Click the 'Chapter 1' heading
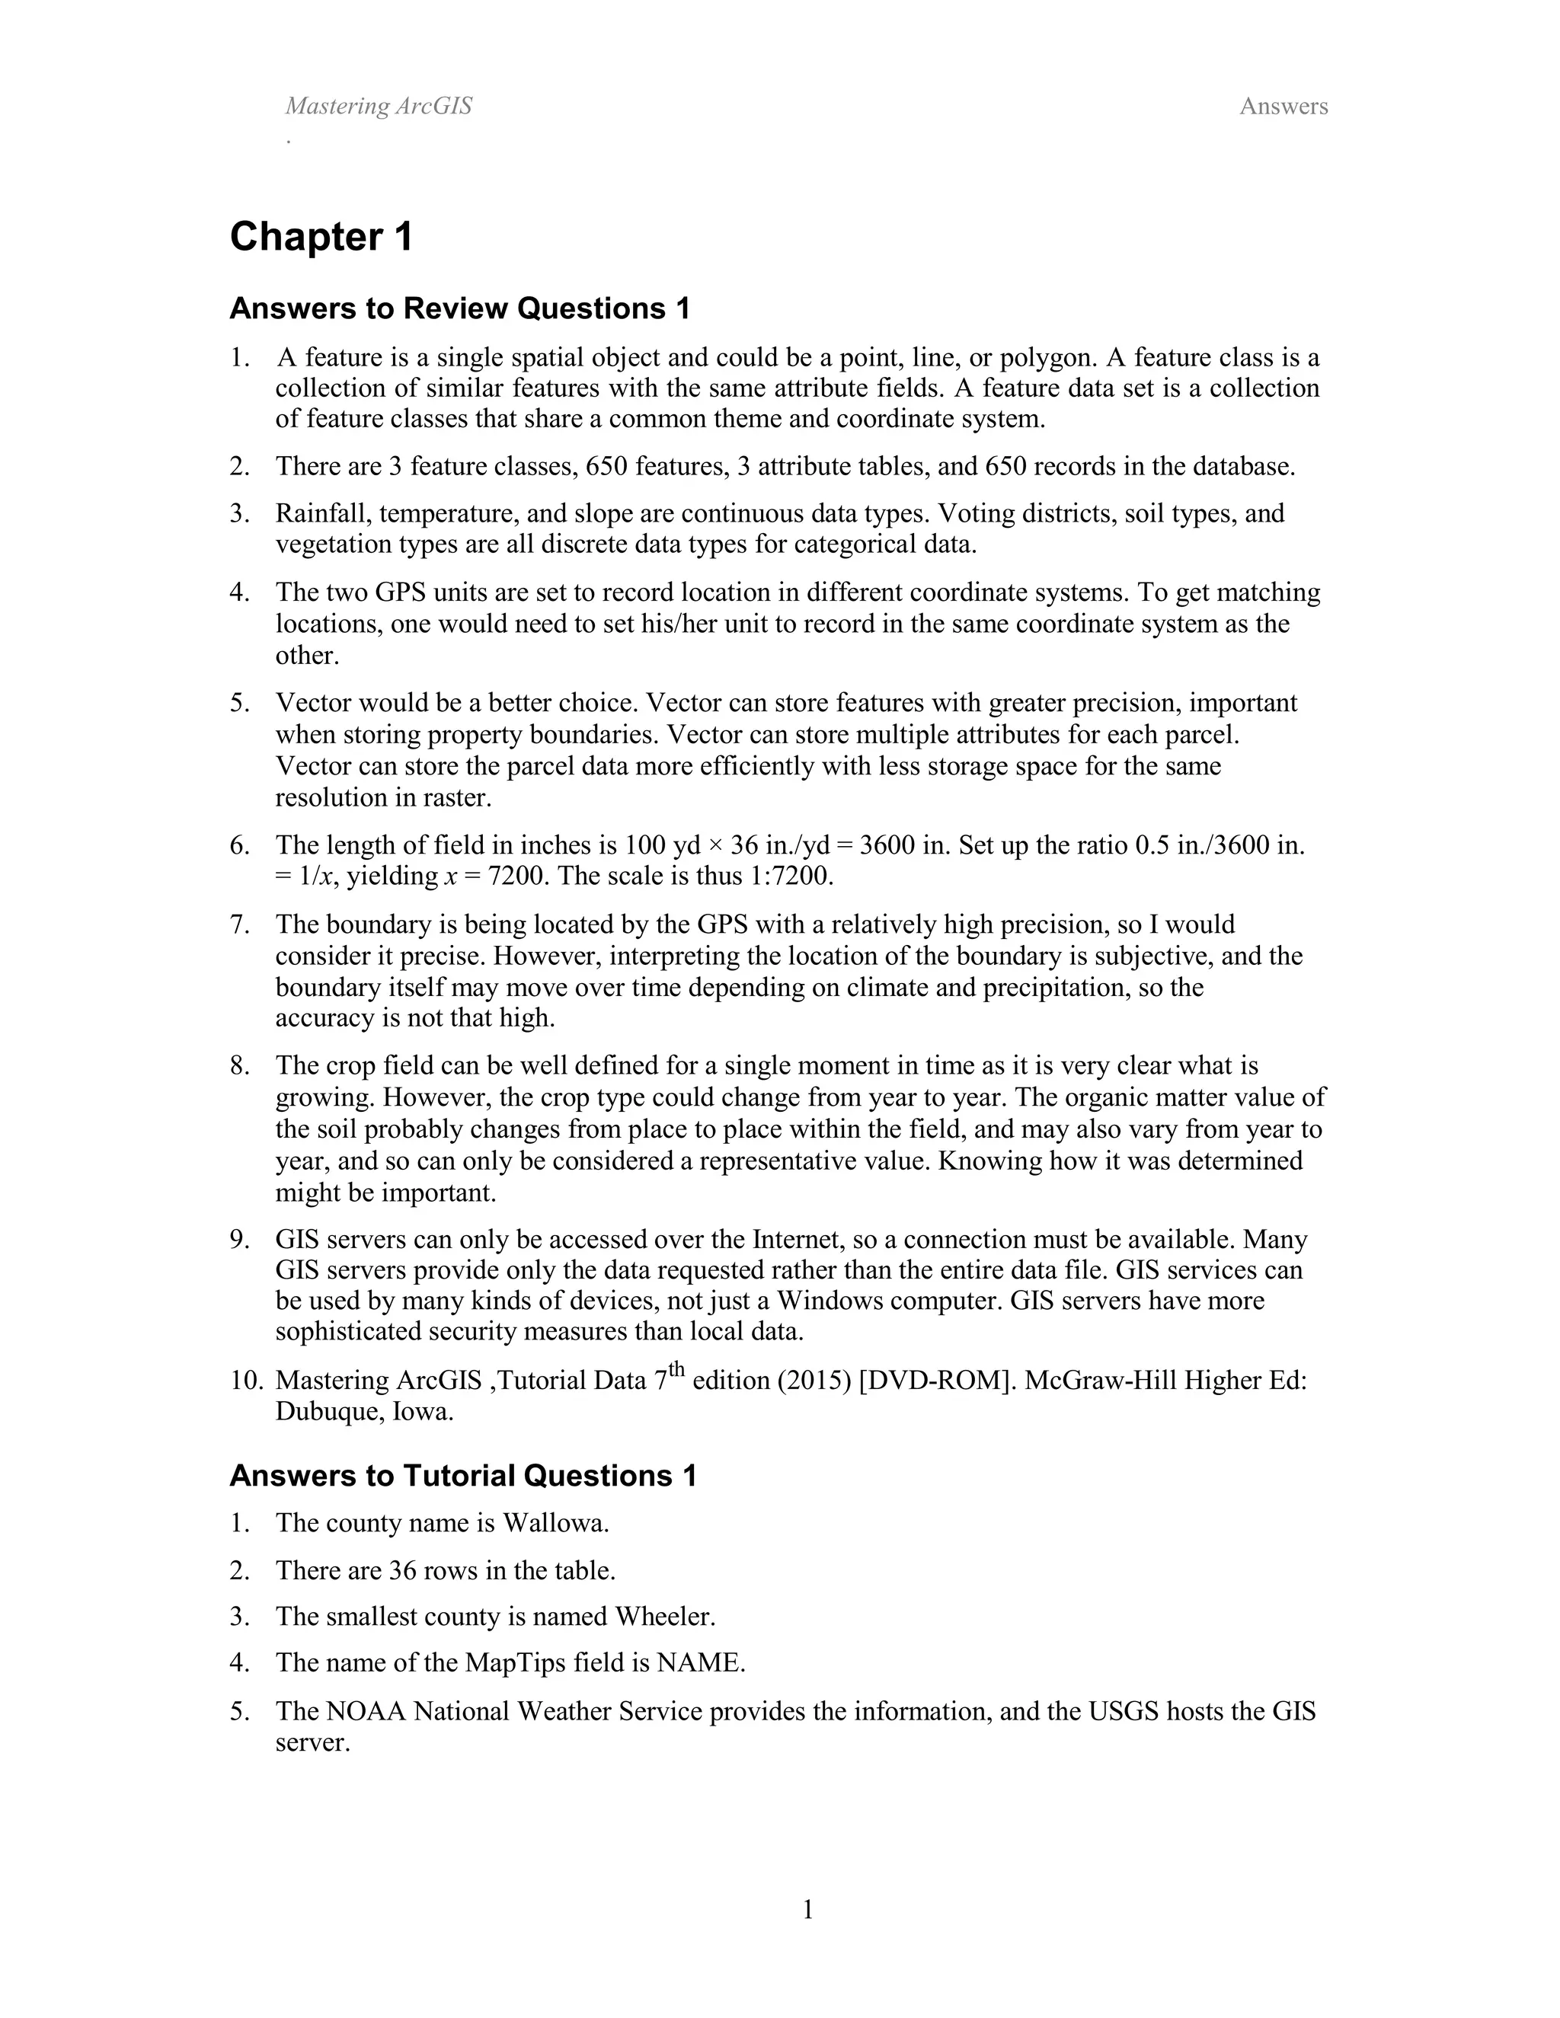point(321,238)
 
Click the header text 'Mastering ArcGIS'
point(378,107)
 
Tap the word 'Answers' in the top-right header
point(1283,107)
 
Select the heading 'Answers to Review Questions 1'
point(459,308)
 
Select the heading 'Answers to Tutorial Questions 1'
point(462,1476)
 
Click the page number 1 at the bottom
point(807,1908)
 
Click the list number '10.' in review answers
point(247,1381)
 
